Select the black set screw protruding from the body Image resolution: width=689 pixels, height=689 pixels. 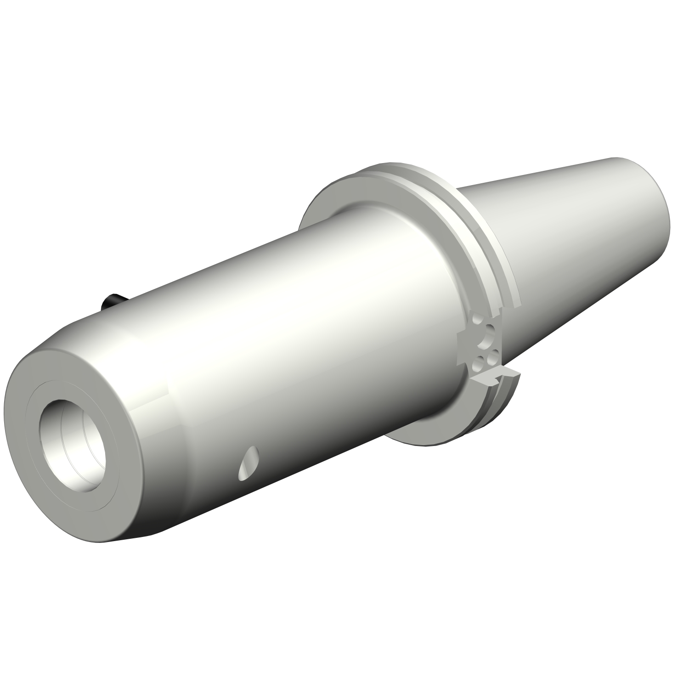(111, 301)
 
